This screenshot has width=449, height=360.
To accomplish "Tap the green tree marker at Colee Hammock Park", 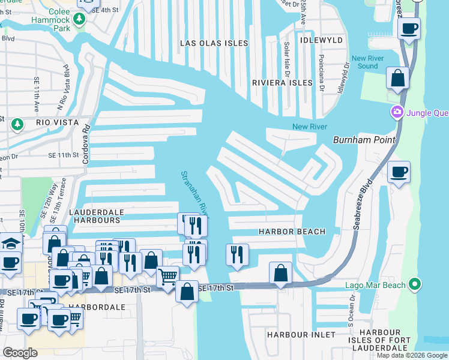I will point(79,20).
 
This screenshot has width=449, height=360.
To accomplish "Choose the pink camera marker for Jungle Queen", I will point(396,112).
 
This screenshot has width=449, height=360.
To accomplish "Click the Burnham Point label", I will point(364,140).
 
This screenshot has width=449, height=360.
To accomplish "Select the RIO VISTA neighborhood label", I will point(58,122).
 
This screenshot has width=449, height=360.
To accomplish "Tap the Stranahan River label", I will point(194,192).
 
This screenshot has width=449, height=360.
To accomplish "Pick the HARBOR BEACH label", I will point(292,232).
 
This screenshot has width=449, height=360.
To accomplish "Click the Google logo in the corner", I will point(20,353).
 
